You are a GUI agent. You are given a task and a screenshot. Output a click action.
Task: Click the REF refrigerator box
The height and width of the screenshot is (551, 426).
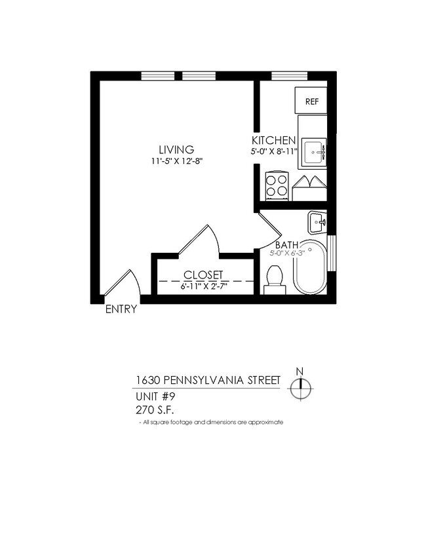[x=312, y=102]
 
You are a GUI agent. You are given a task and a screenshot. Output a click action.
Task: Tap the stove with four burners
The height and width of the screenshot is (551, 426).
[x=277, y=185]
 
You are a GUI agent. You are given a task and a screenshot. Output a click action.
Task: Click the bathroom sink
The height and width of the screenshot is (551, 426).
[x=317, y=221]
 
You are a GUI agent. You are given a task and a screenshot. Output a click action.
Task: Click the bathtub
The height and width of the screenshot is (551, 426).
[x=309, y=269]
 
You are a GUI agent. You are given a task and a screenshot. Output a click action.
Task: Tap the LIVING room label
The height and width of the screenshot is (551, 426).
[x=176, y=149]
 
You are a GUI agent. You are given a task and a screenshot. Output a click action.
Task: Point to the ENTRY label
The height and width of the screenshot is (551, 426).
[x=121, y=310]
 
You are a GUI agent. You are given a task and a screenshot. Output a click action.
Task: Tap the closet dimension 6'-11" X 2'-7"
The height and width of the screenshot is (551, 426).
[x=203, y=286]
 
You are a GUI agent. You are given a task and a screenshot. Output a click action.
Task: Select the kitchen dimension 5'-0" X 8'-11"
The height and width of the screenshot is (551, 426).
[x=275, y=153]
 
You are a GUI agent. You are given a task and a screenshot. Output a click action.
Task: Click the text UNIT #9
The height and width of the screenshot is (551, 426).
[x=156, y=396]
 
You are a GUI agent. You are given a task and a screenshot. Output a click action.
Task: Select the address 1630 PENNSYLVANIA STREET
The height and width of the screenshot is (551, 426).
[x=208, y=381]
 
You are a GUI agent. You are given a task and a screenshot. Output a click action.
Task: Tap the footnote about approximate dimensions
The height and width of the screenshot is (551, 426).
[x=211, y=423]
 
